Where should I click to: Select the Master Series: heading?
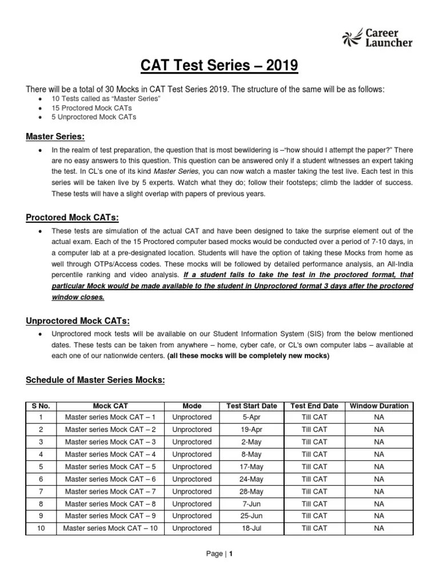pyautogui.click(x=55, y=137)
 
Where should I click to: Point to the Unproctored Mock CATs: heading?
pyautogui.click(x=77, y=320)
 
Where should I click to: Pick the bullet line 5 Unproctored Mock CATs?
pyautogui.click(x=94, y=117)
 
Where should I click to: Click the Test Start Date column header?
pyautogui.click(x=252, y=406)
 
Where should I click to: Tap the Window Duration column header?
pyautogui.click(x=379, y=406)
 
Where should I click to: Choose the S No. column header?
pyautogui.click(x=41, y=406)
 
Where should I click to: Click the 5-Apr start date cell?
pyautogui.click(x=252, y=417)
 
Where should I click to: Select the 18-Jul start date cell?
pyautogui.click(x=252, y=528)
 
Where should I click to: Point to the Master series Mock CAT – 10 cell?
pyautogui.click(x=110, y=528)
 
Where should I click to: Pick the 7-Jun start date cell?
pyautogui.click(x=252, y=504)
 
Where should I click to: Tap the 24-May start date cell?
pyautogui.click(x=252, y=479)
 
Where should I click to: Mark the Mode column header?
pyautogui.click(x=191, y=406)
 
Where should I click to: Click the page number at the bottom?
pyautogui.click(x=219, y=569)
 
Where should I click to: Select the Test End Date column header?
pyautogui.click(x=314, y=406)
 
